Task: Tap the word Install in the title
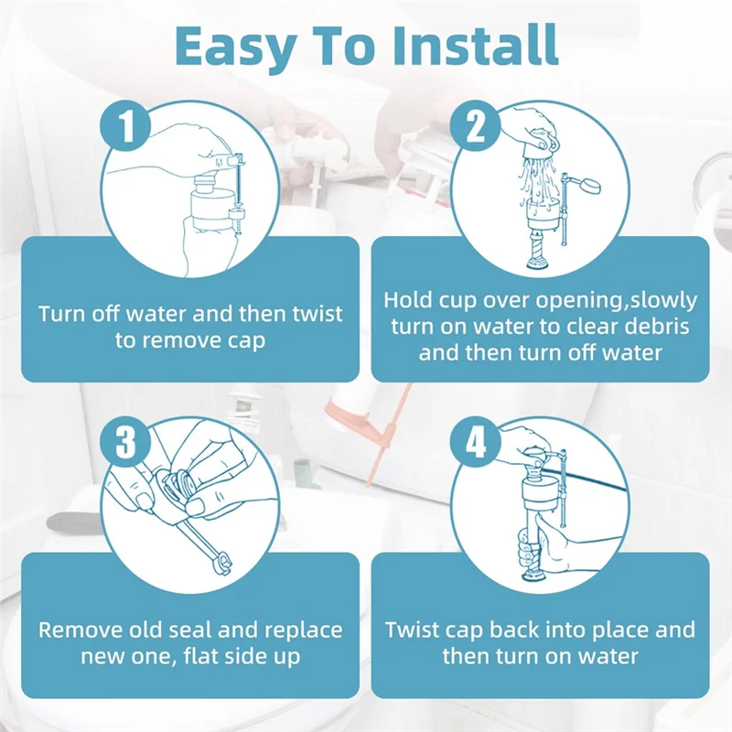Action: pos(476,45)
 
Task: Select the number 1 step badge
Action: pos(125,125)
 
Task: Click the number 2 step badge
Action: pos(475,125)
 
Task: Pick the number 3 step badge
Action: pos(125,442)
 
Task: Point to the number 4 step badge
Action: pos(475,442)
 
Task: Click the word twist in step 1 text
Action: pos(318,313)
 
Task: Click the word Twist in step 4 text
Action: pos(410,630)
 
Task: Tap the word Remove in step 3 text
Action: pos(74,630)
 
